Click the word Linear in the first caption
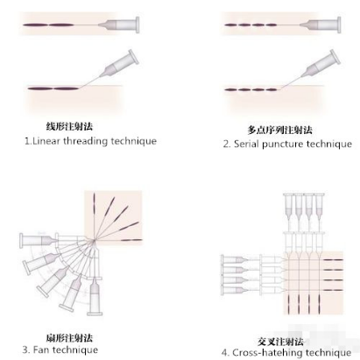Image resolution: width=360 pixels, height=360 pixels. pyautogui.click(x=46, y=141)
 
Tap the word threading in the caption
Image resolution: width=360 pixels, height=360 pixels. pyautogui.click(x=85, y=141)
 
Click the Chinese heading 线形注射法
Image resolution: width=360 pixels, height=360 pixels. pyautogui.click(x=69, y=126)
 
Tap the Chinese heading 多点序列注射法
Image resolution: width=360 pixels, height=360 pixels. pyautogui.click(x=279, y=130)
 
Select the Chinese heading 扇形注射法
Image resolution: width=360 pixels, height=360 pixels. pyautogui.click(x=69, y=338)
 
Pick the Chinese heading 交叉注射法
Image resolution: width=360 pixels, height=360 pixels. pyautogui.click(x=280, y=342)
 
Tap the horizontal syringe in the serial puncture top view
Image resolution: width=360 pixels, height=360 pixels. pyautogui.click(x=321, y=25)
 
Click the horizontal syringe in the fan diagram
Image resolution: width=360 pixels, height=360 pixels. pyautogui.click(x=39, y=241)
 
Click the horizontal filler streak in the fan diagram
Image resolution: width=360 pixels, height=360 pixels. pyautogui.click(x=131, y=240)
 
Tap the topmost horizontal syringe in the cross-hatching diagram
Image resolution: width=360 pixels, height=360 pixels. pyautogui.click(x=236, y=259)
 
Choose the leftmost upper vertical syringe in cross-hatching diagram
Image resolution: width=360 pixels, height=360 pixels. pyautogui.click(x=289, y=208)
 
